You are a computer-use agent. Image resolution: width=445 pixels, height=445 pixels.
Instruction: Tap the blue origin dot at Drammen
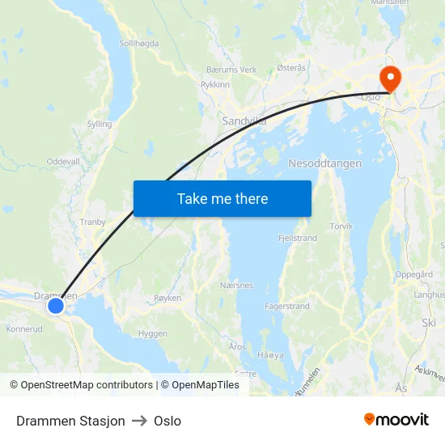pos(56,306)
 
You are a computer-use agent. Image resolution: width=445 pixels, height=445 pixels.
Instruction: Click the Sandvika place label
pos(244,121)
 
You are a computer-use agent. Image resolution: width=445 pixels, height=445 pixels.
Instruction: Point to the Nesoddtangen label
pos(324,163)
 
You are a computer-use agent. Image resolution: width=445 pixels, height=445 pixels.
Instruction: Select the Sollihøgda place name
pos(139,44)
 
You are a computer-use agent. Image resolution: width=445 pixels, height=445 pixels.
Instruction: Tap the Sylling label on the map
pos(99,125)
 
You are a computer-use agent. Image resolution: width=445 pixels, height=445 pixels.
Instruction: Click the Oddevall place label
pos(63,162)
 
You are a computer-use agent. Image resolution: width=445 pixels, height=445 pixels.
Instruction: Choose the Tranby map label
pos(93,222)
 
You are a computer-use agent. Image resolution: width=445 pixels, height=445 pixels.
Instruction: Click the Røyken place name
pos(167,299)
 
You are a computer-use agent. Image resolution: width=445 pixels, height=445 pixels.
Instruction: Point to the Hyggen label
pos(152,333)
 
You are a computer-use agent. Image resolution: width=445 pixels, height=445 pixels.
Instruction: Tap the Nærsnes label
pos(236,286)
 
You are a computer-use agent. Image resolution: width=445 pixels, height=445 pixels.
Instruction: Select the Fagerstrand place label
pos(287,307)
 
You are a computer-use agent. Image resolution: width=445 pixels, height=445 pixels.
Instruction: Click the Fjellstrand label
pos(298,239)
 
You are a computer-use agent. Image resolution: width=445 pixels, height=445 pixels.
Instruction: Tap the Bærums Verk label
pos(231,70)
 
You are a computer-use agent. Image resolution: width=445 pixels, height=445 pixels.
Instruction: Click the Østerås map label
pos(291,69)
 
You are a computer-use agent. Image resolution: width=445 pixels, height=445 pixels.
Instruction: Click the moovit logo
pos(396,420)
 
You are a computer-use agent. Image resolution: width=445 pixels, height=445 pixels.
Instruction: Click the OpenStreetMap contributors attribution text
pos(87,385)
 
